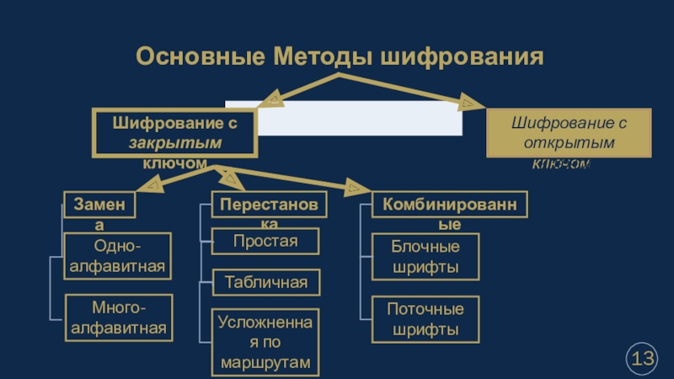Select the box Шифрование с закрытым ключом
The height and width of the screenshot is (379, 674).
coord(174,132)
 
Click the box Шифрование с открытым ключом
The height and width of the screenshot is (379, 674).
coord(569,133)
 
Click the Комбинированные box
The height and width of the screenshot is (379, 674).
coord(450,204)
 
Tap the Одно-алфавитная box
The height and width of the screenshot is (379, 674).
coord(118,257)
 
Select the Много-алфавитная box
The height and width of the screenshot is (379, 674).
coord(118,318)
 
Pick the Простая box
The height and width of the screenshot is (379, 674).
coord(266,243)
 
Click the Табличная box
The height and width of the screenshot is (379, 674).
coord(266,283)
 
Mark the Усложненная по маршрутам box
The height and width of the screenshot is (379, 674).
coord(266,342)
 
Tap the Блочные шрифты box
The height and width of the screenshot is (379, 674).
coord(425,257)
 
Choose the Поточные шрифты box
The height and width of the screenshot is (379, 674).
coord(425,318)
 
